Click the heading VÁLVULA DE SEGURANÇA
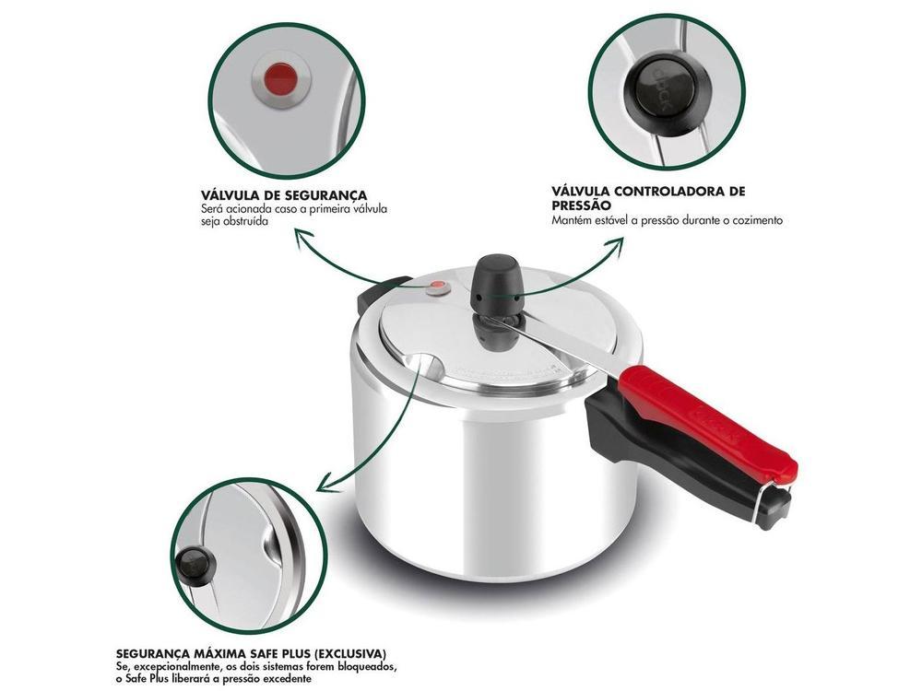[284, 195]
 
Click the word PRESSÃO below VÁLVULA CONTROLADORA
[581, 205]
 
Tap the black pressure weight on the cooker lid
[495, 276]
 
